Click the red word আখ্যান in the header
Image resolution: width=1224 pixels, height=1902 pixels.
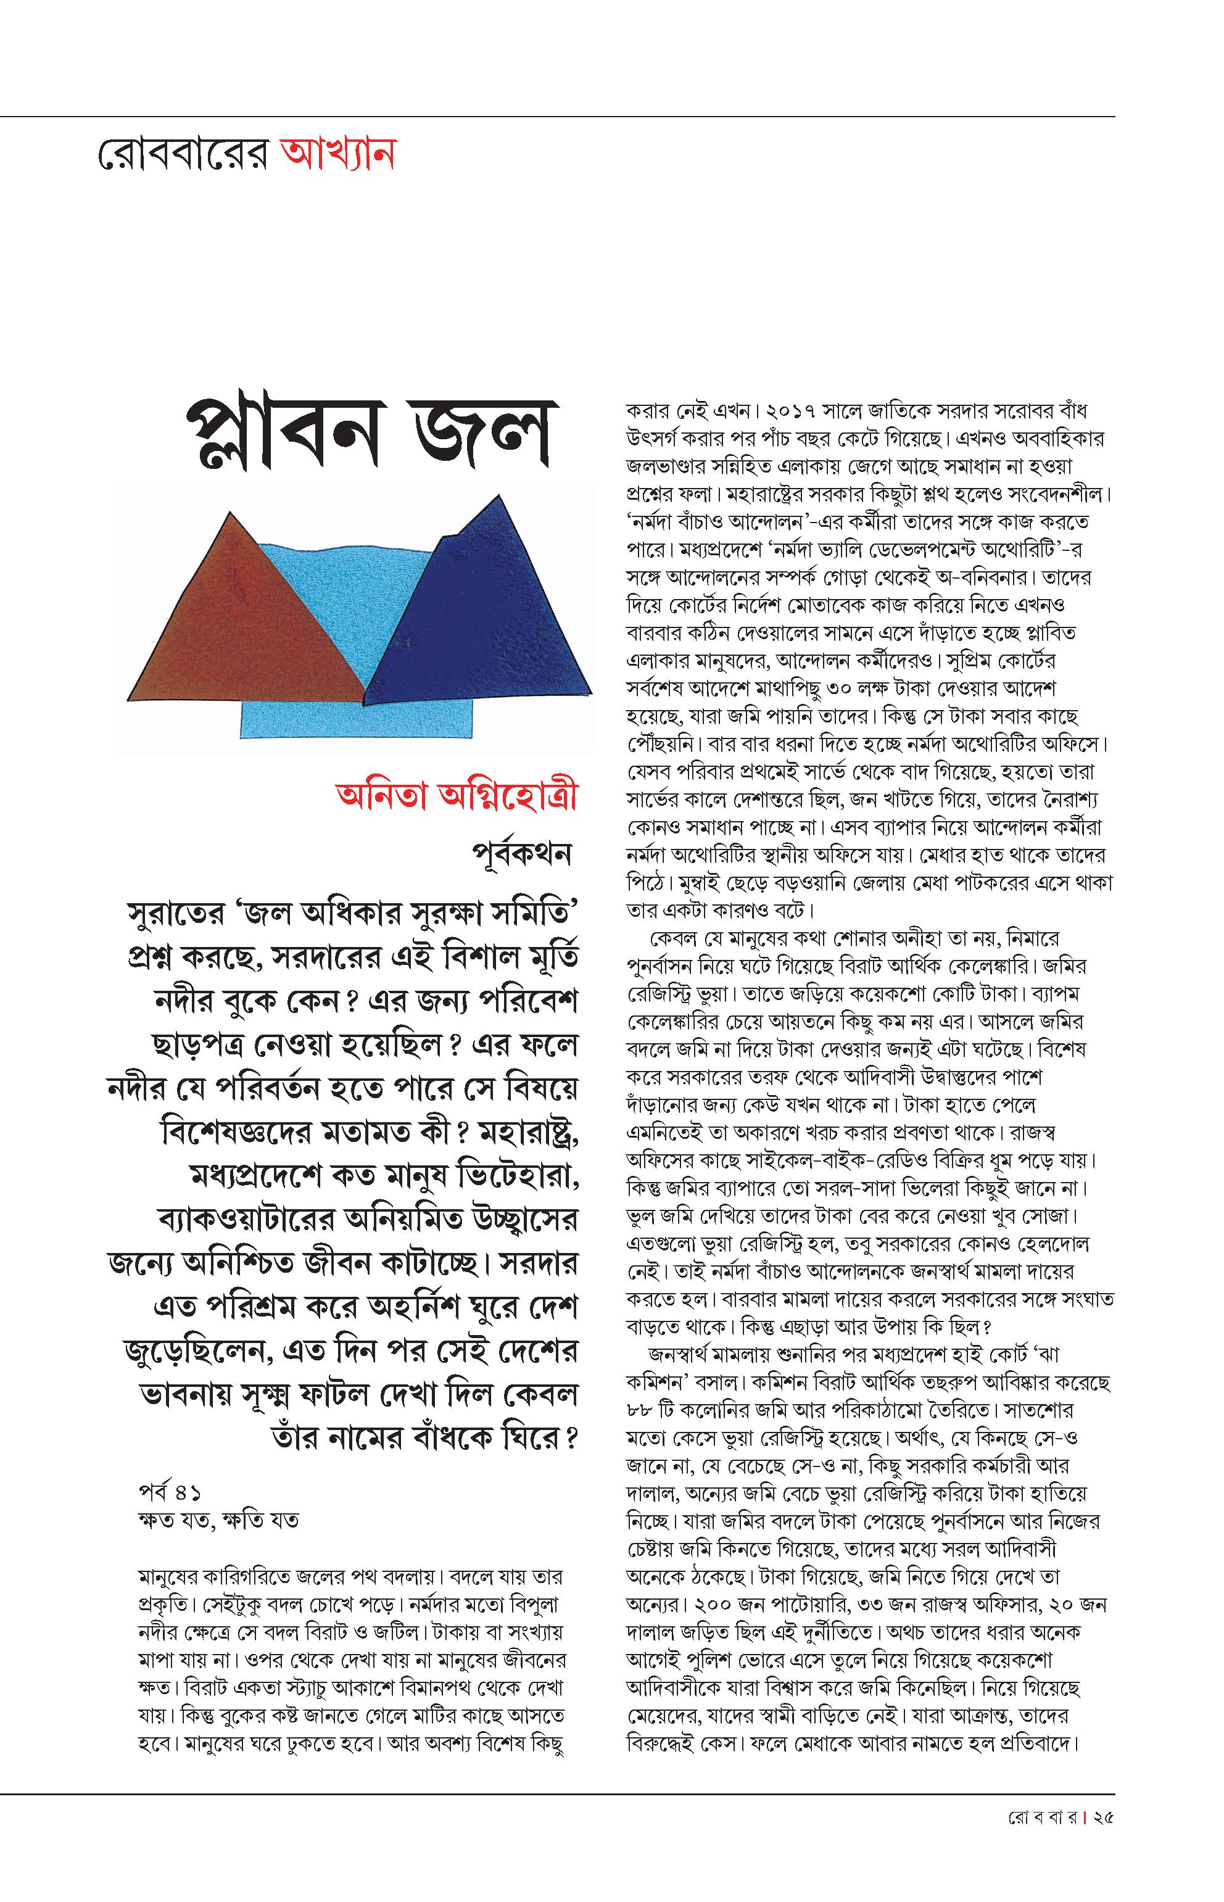337,154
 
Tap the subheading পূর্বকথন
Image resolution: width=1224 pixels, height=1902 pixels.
521,854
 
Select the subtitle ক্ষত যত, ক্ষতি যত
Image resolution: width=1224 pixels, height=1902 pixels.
218,1520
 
